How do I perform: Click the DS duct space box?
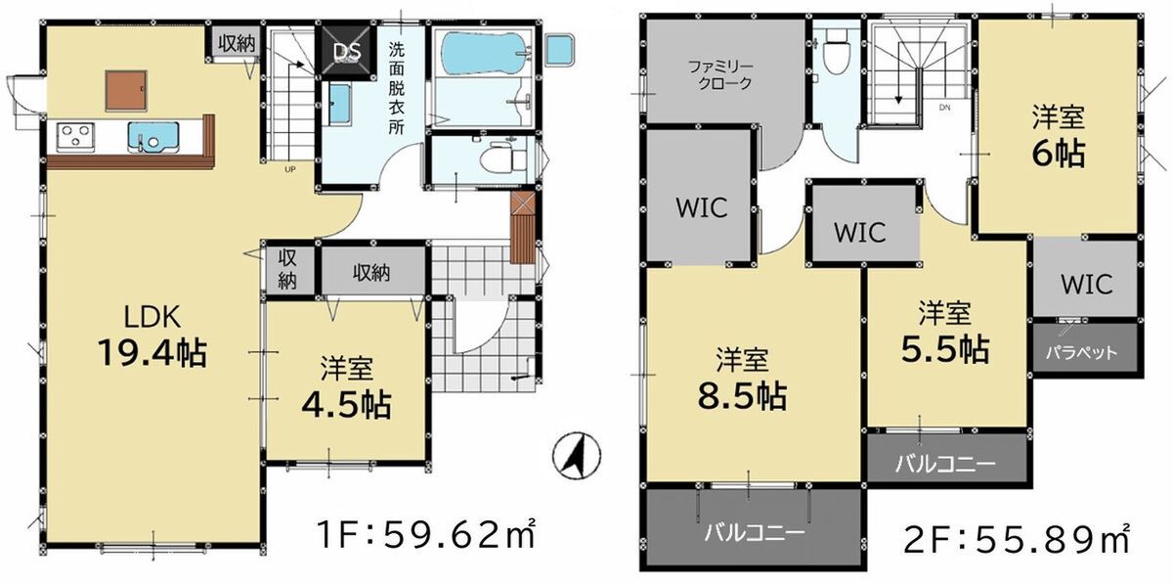(348, 52)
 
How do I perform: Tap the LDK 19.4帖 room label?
(152, 335)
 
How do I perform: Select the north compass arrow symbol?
(577, 455)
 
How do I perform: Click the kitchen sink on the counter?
(153, 137)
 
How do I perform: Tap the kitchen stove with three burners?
(75, 136)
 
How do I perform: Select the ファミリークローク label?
(720, 75)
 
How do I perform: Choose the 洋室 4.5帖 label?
(347, 387)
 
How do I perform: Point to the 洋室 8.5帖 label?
(742, 379)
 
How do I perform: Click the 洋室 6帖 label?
(1059, 136)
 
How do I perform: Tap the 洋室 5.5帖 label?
(945, 333)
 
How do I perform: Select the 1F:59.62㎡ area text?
(427, 534)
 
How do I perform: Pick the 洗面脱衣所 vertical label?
(397, 88)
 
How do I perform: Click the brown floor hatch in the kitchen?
(126, 91)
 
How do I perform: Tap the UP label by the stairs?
(289, 169)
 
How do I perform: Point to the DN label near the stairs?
(944, 108)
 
